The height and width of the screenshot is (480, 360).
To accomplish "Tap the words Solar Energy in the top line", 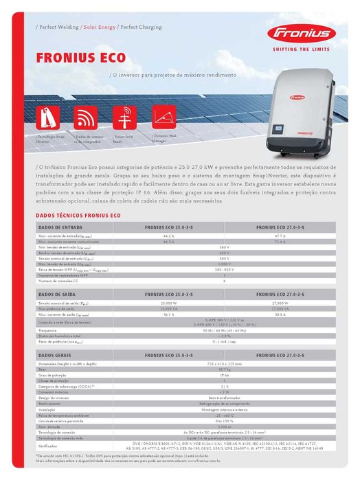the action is coord(100,27).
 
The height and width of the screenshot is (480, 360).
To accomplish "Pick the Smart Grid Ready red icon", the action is coord(126,117).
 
